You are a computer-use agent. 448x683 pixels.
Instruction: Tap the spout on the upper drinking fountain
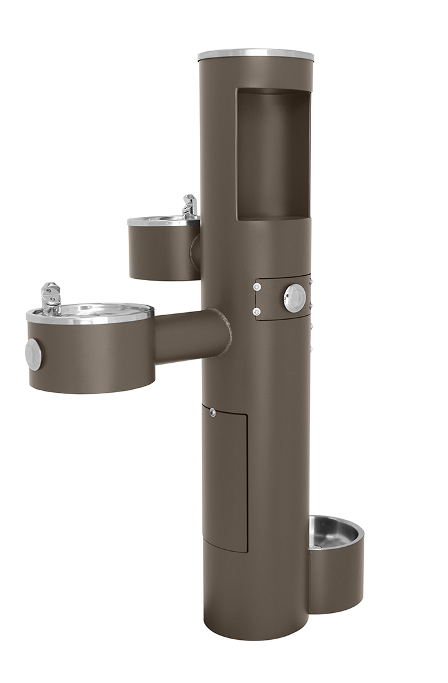(x=189, y=205)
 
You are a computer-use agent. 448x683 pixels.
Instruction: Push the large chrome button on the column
(x=294, y=298)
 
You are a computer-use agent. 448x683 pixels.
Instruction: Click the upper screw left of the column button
(x=257, y=287)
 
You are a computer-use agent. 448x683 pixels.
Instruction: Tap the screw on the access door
(x=213, y=412)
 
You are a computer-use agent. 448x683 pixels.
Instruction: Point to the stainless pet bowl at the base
(x=336, y=531)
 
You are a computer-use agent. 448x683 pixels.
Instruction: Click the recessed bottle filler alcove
(x=273, y=153)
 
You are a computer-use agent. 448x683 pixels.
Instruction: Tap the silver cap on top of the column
(x=256, y=55)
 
